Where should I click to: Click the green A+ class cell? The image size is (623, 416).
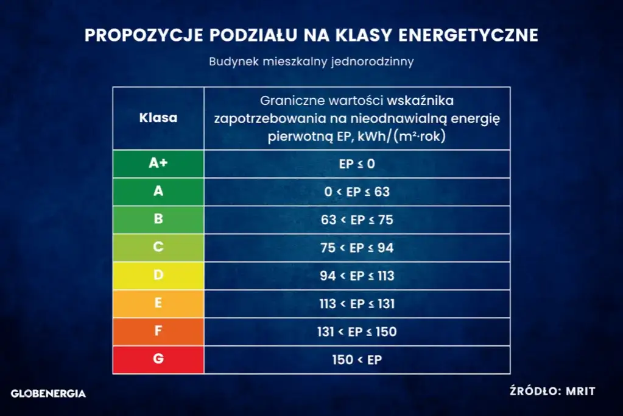coord(158,163)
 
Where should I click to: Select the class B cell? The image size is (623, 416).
coord(158,220)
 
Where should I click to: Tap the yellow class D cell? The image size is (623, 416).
coord(158,276)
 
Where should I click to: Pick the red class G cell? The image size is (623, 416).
coord(158,359)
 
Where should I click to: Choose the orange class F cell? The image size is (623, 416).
coord(158,332)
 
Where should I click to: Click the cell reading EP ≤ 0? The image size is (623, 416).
coord(357,163)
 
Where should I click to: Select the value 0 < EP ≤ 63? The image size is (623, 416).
coord(357,192)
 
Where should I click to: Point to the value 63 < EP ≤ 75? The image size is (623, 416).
coord(357,220)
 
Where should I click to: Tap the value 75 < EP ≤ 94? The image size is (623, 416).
coord(357,248)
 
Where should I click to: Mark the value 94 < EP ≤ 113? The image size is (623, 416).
coord(357,276)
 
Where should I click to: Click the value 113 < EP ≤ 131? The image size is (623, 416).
coord(357,304)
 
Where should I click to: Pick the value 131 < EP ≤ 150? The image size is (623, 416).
coord(357,332)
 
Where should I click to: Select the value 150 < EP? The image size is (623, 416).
coord(357,359)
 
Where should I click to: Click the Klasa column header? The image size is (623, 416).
coord(158,118)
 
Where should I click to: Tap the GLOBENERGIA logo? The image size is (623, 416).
coord(49,393)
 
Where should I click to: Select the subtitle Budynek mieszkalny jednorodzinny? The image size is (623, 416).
coord(311,62)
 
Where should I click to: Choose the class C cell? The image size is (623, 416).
coord(158,248)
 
